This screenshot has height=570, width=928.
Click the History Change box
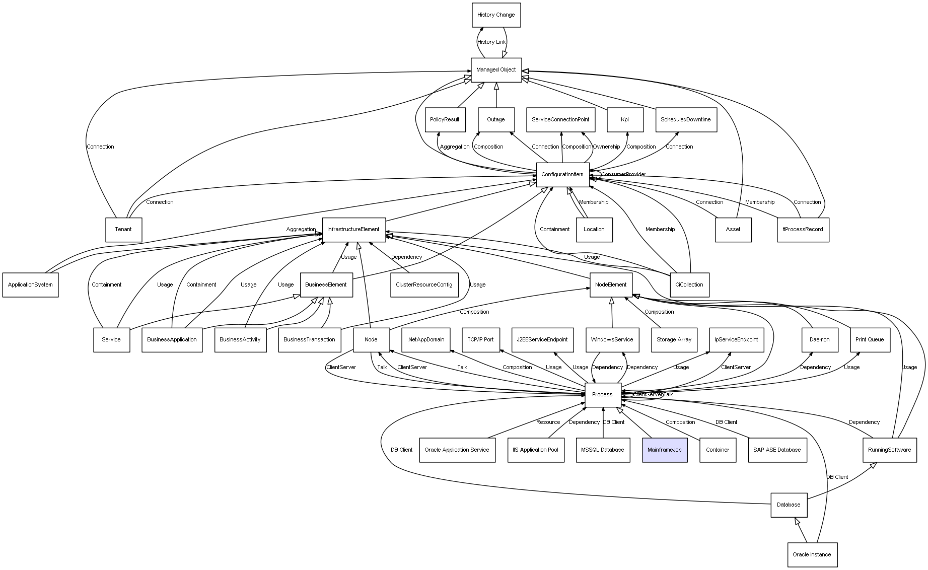pyautogui.click(x=496, y=15)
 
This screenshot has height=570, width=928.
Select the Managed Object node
pyautogui.click(x=496, y=70)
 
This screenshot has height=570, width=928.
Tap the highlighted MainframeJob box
pyautogui.click(x=665, y=450)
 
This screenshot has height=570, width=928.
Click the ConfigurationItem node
pyautogui.click(x=562, y=175)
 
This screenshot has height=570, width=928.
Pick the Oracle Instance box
pyautogui.click(x=812, y=554)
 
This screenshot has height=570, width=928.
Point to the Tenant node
pyautogui.click(x=123, y=230)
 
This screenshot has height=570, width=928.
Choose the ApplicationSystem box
pyautogui.click(x=30, y=285)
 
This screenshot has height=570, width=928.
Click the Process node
pyautogui.click(x=602, y=395)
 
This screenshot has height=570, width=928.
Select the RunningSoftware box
pyautogui.click(x=890, y=450)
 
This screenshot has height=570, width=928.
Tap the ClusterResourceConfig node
pyautogui.click(x=424, y=285)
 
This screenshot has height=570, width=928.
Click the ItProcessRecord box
pyautogui.click(x=803, y=230)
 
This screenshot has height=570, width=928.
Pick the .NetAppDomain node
pyautogui.click(x=426, y=340)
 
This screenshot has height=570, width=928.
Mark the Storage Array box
pyautogui.click(x=674, y=340)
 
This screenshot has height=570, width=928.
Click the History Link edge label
pyautogui.click(x=491, y=42)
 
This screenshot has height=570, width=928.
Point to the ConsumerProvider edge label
pyautogui.click(x=623, y=175)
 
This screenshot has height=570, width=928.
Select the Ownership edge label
pyautogui.click(x=606, y=147)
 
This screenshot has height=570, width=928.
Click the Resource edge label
pyautogui.click(x=548, y=422)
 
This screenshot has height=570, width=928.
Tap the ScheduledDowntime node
pyautogui.click(x=686, y=120)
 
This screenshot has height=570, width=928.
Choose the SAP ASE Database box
pyautogui.click(x=777, y=450)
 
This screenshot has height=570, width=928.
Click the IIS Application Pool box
pyautogui.click(x=535, y=450)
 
